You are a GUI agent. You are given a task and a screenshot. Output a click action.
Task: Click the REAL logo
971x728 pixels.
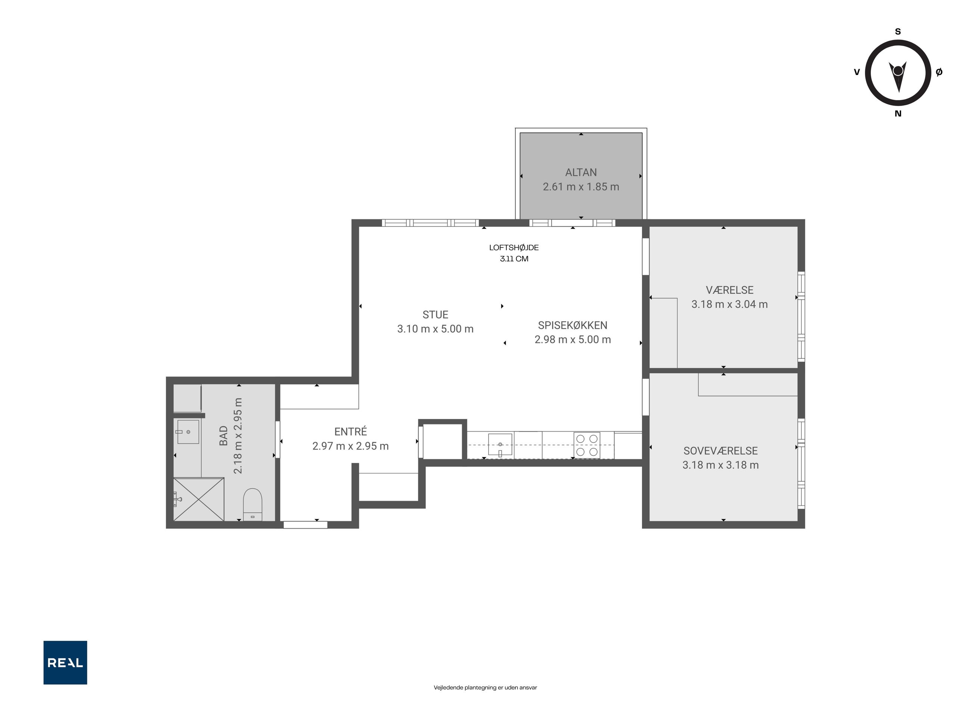point(65,663)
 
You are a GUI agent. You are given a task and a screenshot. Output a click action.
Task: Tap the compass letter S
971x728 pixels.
point(898,32)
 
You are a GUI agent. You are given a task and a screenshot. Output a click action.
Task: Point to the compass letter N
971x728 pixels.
point(898,113)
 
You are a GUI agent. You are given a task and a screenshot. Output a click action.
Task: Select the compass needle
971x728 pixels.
point(898,76)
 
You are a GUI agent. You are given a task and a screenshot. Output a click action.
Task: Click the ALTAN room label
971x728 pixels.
point(581,172)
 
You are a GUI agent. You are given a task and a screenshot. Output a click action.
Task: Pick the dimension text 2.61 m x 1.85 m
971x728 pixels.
point(581,187)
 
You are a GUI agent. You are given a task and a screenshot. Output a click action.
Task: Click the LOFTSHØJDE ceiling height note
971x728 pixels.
point(514,253)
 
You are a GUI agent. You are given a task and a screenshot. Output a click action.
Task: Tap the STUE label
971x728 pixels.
point(435,315)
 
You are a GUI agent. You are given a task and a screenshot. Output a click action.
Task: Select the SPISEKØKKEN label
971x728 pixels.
point(573,325)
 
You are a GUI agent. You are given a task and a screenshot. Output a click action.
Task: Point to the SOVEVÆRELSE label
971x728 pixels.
point(720,451)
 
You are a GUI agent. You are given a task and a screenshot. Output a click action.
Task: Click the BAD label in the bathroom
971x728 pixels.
point(223,436)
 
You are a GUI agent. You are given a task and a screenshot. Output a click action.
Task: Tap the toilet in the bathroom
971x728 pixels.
point(252,505)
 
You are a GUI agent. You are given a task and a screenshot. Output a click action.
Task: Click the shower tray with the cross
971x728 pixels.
point(199,500)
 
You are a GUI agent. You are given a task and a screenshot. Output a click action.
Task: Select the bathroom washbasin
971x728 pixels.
point(188,432)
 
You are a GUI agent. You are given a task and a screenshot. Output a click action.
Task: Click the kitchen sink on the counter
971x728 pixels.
point(500,445)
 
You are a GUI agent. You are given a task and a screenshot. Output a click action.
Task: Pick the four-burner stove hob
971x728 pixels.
point(587,445)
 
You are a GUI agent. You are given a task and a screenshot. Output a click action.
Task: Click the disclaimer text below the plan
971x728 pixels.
point(485,688)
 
